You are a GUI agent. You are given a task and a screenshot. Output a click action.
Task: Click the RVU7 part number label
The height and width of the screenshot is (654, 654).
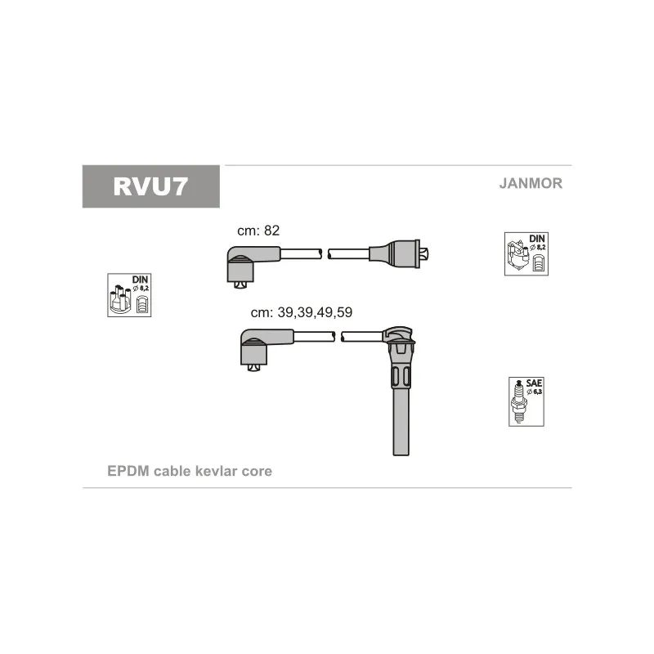coord(150,186)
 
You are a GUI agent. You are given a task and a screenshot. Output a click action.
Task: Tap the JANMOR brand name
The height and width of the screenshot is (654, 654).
coord(531,184)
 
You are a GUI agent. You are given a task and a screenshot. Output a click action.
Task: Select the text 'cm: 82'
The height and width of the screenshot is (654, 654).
coord(258,231)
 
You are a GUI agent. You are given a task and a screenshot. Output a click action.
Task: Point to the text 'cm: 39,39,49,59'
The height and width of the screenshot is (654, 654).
coord(301,312)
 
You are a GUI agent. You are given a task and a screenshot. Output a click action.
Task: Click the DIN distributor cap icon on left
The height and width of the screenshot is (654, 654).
coord(129,295)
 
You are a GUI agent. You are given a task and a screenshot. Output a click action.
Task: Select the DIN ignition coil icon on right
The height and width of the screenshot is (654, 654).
coord(526,253)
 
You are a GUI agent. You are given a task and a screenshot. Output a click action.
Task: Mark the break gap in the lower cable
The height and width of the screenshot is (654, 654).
coord(338,336)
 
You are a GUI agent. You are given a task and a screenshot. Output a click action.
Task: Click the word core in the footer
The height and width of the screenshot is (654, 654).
coord(257,472)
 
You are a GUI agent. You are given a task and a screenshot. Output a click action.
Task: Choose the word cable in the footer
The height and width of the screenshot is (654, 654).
coord(172,472)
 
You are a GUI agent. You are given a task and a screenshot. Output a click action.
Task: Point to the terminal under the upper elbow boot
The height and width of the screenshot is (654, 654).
coord(240,284)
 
